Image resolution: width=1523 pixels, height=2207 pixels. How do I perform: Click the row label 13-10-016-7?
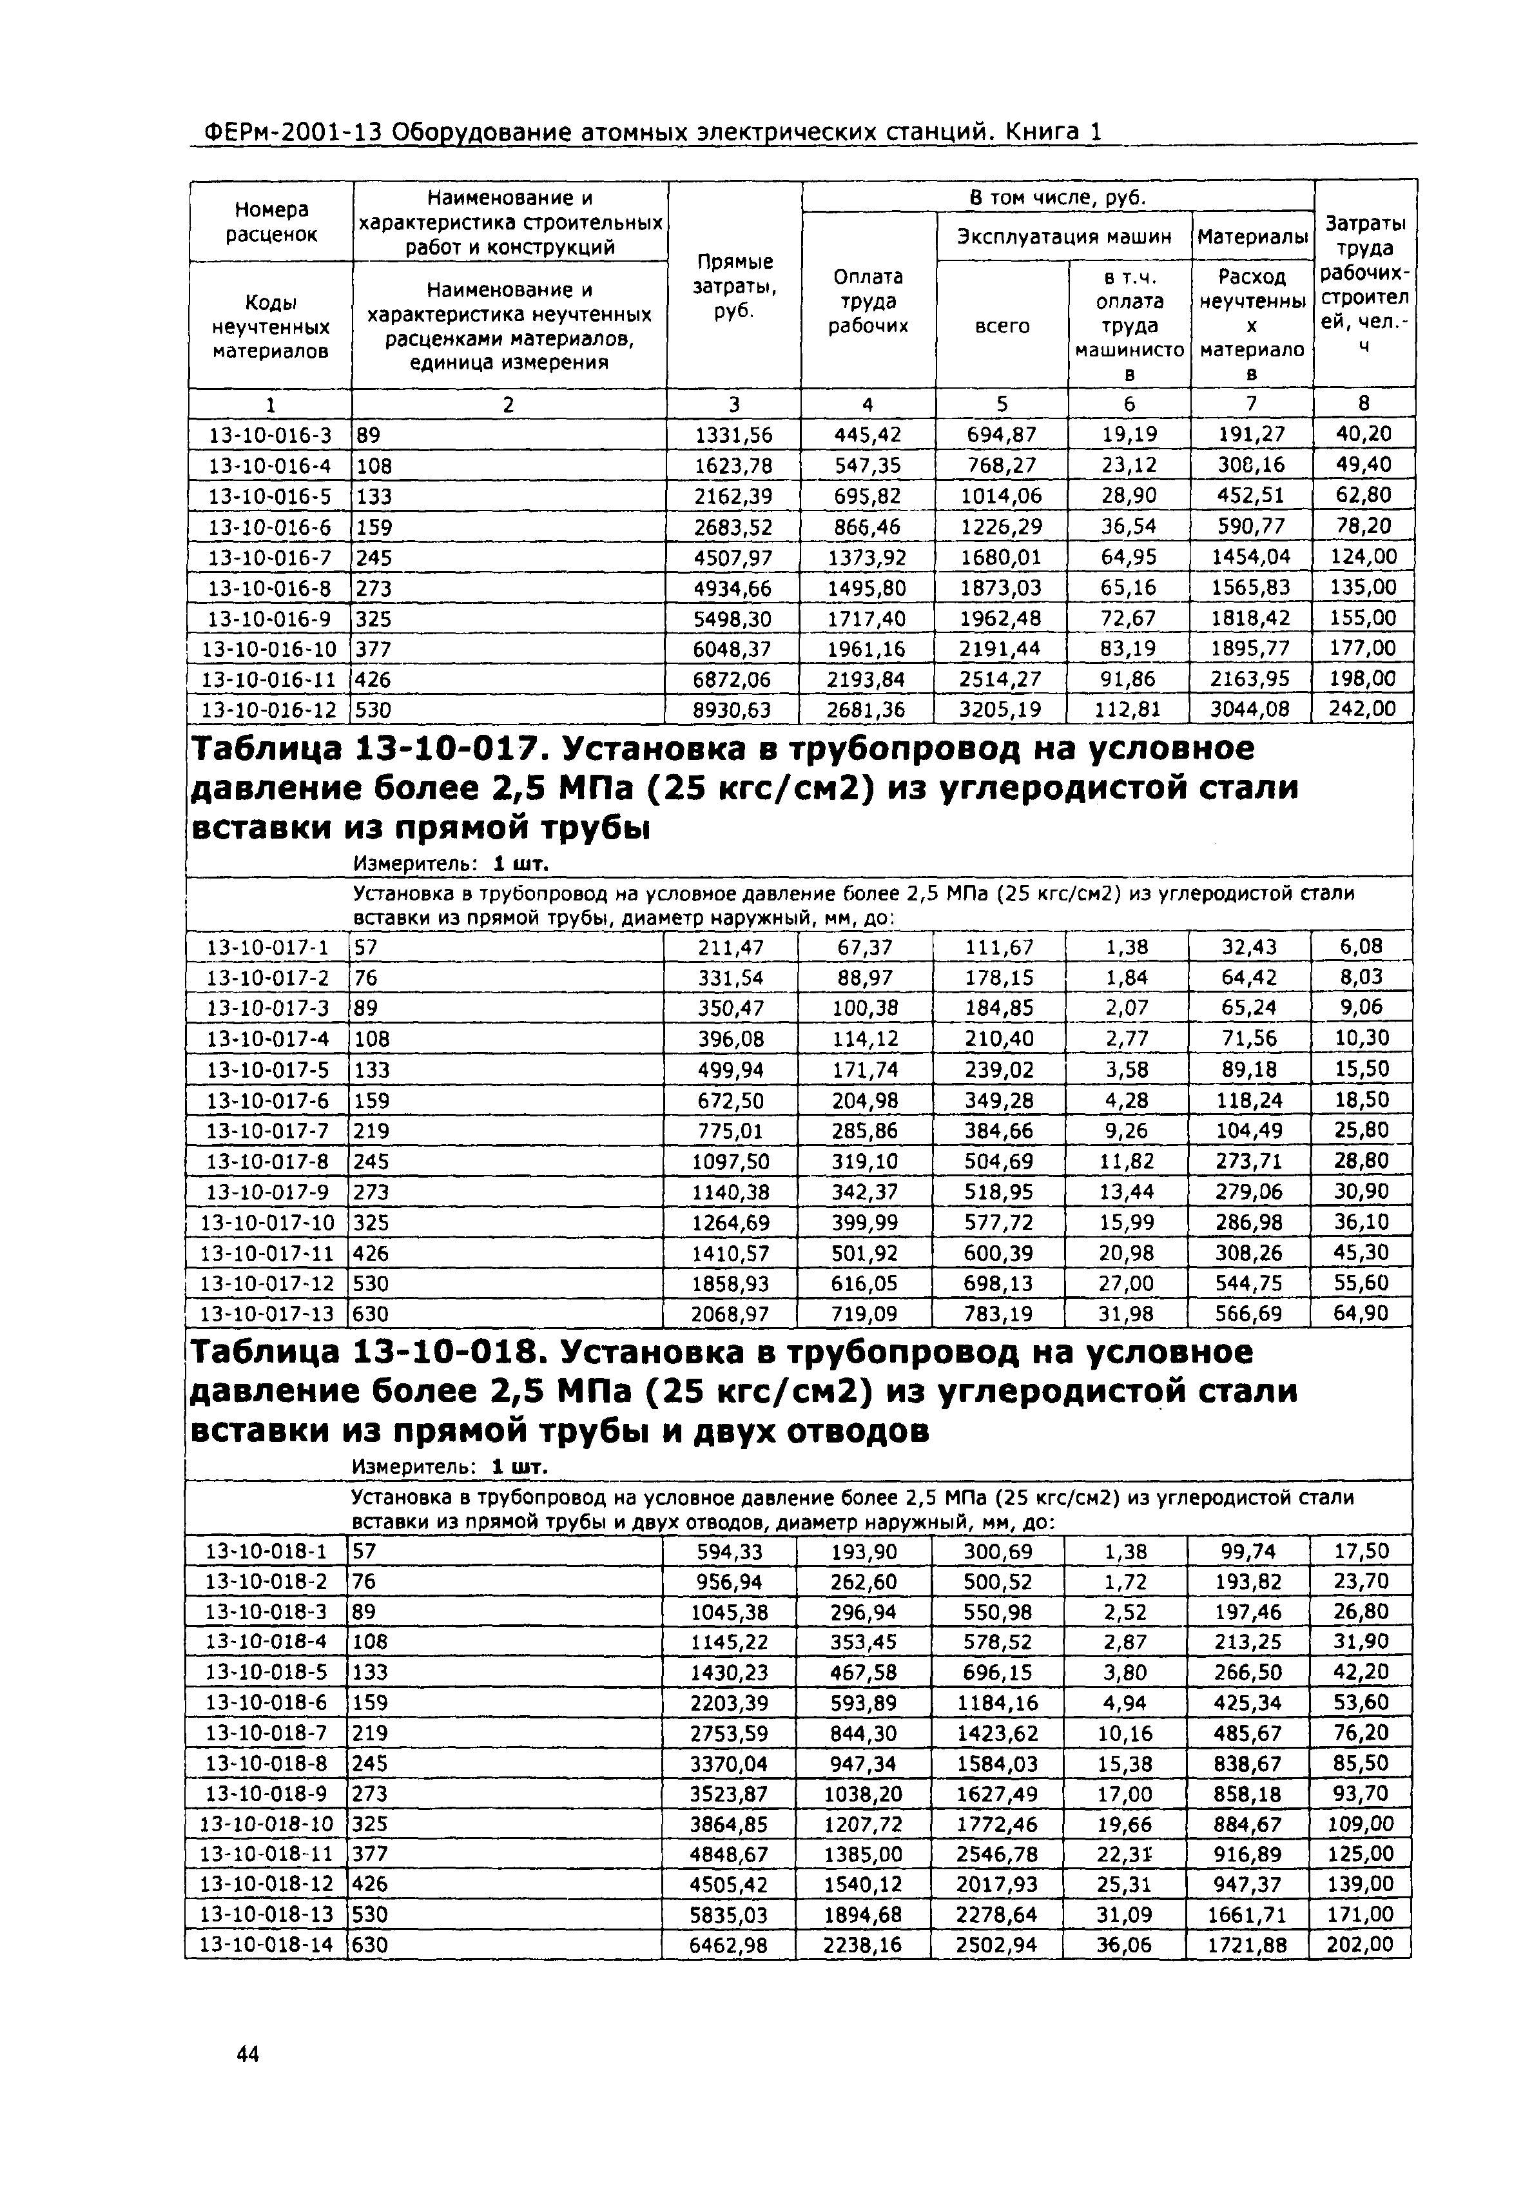tap(270, 558)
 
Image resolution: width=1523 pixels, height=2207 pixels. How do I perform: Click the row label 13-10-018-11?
tap(268, 1855)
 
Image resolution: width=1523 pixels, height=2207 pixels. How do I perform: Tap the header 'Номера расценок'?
tap(271, 221)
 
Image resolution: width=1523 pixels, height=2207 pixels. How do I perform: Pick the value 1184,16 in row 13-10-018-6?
tap(996, 1703)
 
